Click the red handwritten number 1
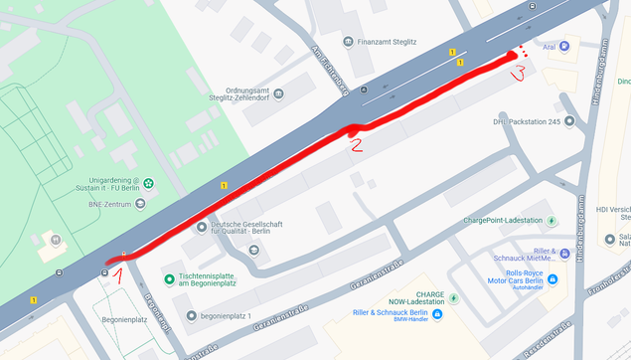click(x=116, y=270)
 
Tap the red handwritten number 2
click(x=354, y=143)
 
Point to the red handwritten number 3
click(x=517, y=73)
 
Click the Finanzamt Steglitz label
click(x=392, y=42)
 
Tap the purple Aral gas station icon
click(x=564, y=46)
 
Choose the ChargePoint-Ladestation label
click(x=503, y=220)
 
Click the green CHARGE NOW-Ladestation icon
click(x=453, y=298)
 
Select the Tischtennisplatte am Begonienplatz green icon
click(x=168, y=278)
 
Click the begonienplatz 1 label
click(x=225, y=316)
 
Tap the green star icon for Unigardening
click(x=148, y=183)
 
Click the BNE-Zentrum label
click(x=111, y=203)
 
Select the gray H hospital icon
click(x=57, y=239)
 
